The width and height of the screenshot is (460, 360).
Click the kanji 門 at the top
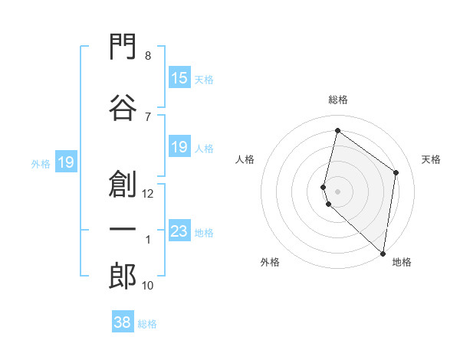(x=123, y=46)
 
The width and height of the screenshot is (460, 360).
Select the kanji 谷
(x=123, y=107)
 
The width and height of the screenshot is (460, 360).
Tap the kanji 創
(x=123, y=184)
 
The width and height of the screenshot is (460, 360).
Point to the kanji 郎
(x=123, y=276)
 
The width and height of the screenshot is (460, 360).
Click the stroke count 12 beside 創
(x=147, y=194)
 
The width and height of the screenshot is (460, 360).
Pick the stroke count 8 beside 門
(x=148, y=56)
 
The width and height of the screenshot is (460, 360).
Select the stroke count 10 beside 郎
(x=147, y=286)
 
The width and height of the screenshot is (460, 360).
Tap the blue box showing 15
(x=179, y=77)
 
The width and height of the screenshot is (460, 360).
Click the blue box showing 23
(x=179, y=231)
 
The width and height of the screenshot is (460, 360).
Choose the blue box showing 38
(x=123, y=321)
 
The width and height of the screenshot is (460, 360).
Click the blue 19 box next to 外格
(x=66, y=162)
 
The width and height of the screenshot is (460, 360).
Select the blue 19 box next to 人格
(x=179, y=146)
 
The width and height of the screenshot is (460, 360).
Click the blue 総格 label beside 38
(x=147, y=324)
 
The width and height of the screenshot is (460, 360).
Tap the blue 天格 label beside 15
(x=204, y=80)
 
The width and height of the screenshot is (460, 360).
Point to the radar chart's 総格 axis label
(x=338, y=100)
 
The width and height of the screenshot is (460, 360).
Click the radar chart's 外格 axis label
(x=270, y=262)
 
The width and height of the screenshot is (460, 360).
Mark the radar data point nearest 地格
(x=383, y=254)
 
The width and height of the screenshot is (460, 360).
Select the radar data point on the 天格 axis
(x=396, y=172)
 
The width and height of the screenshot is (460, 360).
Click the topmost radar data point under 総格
(x=337, y=130)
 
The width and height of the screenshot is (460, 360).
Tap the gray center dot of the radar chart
(x=337, y=191)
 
